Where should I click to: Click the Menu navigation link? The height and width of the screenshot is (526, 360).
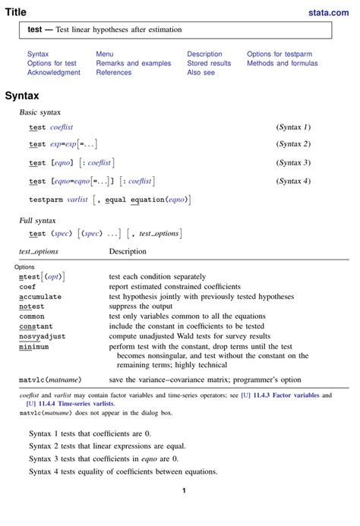(x=105, y=55)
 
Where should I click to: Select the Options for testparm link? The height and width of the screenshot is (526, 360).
(x=279, y=55)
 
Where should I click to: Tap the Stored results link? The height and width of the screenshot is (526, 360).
(x=209, y=64)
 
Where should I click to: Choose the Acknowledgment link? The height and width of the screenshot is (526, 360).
(x=53, y=73)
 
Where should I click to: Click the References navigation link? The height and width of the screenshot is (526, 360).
(x=113, y=73)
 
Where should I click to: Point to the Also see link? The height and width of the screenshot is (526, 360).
(x=201, y=73)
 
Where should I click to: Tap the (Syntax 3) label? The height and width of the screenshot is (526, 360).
(x=292, y=162)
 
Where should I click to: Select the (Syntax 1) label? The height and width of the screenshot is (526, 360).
(x=292, y=127)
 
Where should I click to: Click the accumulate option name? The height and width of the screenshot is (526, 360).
(x=40, y=297)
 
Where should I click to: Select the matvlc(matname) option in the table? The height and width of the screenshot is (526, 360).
(x=50, y=380)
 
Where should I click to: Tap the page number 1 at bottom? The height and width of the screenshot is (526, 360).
(x=184, y=491)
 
